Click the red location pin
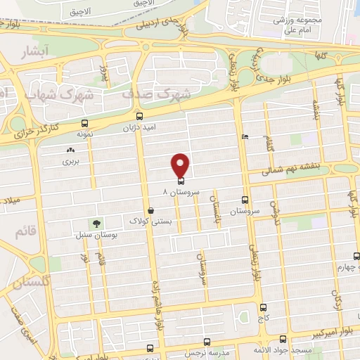pyautogui.click(x=181, y=165)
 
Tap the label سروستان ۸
pyautogui.click(x=181, y=191)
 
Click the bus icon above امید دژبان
pyautogui.click(x=139, y=116)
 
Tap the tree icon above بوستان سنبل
pyautogui.click(x=96, y=223)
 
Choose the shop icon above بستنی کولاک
pyautogui.click(x=150, y=210)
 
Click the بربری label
pyautogui.click(x=70, y=161)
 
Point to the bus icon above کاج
pyautogui.click(x=263, y=308)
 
